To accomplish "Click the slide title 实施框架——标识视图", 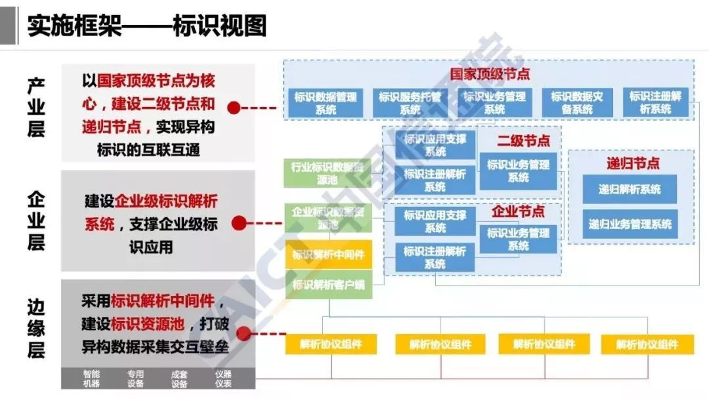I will tap(147, 26).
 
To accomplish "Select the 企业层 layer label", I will tap(36, 220).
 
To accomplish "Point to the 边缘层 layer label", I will tap(36, 328).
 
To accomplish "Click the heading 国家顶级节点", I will tap(490, 73).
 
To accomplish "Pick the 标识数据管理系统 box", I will tap(326, 103).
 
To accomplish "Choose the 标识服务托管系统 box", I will tap(410, 103).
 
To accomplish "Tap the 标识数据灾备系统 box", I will tap(577, 103).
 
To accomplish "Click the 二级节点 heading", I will tap(523, 140).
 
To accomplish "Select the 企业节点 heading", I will tap(518, 212).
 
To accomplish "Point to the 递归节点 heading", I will tap(633, 163).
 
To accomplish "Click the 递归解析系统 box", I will tap(630, 190).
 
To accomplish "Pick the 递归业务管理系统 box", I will tap(630, 224).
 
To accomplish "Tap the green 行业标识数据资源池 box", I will tap(326, 173).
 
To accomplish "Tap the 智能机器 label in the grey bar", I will tap(91, 379).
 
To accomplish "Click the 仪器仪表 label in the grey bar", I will tap(223, 379).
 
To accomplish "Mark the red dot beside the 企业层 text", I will tap(240, 223).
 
